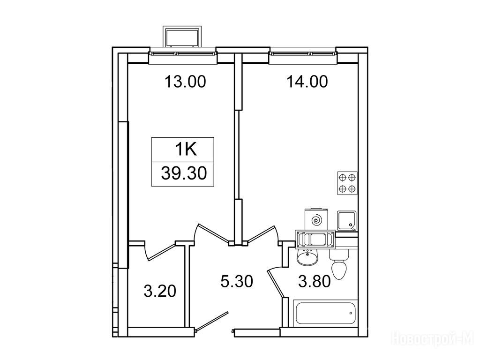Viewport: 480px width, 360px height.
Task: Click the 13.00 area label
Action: (x=186, y=82)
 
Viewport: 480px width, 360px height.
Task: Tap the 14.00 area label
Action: (x=307, y=82)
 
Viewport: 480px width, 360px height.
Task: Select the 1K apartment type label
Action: (x=186, y=150)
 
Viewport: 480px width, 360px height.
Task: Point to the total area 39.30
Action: (x=184, y=173)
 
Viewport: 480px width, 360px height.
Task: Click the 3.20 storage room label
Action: (x=160, y=291)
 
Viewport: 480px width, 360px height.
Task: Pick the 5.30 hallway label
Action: (x=237, y=281)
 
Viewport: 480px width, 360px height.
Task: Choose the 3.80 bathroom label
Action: (x=315, y=281)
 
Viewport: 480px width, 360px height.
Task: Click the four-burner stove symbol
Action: (x=347, y=183)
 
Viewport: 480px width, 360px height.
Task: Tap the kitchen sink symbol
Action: (x=346, y=221)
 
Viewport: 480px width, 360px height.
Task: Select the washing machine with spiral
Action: (x=316, y=219)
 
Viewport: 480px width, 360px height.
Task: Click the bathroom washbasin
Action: (x=307, y=256)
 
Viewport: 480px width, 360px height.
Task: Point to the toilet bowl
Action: (x=339, y=264)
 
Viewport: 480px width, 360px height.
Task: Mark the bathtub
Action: (x=325, y=313)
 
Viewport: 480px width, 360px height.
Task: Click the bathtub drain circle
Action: (x=351, y=313)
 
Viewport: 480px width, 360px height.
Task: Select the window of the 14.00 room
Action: (x=303, y=54)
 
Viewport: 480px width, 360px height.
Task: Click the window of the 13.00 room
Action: (x=183, y=54)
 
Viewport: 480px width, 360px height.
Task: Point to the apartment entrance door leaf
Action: (x=212, y=322)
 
